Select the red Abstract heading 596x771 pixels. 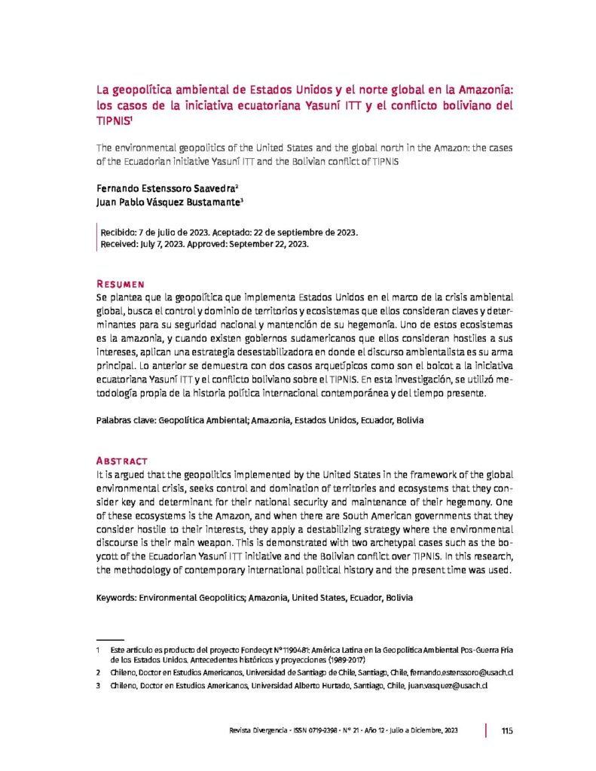pos(122,461)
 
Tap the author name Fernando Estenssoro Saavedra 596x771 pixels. pos(166,188)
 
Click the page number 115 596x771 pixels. pos(506,730)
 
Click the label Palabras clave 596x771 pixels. pos(124,420)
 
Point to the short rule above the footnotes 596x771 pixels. pos(110,638)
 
